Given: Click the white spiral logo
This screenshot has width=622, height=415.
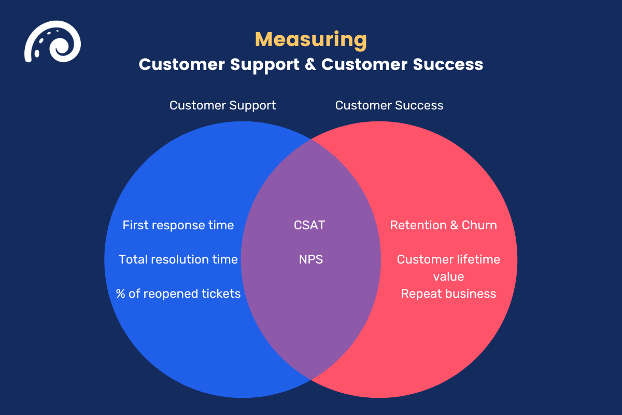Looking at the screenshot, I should coord(52,41).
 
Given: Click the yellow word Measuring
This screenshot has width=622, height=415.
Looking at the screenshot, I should coord(311,39).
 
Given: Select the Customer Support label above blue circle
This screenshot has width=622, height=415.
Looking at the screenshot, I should coord(223,105).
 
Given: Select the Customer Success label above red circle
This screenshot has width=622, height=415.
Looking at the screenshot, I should coord(389,105).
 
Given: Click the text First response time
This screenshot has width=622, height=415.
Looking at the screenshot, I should coord(178,225).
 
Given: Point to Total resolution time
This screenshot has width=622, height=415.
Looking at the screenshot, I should coord(178,259).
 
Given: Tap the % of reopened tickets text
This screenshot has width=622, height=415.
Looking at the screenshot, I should coord(178,294).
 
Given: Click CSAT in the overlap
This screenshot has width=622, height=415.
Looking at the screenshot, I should coord(309,225).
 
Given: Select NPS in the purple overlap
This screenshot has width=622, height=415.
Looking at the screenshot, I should coord(311,259).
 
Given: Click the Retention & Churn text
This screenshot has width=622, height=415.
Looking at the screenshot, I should coord(443,225).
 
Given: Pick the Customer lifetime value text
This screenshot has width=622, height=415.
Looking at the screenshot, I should coord(448,267).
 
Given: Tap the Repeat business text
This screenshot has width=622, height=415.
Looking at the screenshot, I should coord(448,294).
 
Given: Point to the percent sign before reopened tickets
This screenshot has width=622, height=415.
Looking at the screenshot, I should coord(121,294).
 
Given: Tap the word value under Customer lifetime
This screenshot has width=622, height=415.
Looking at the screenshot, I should coord(448,276).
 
